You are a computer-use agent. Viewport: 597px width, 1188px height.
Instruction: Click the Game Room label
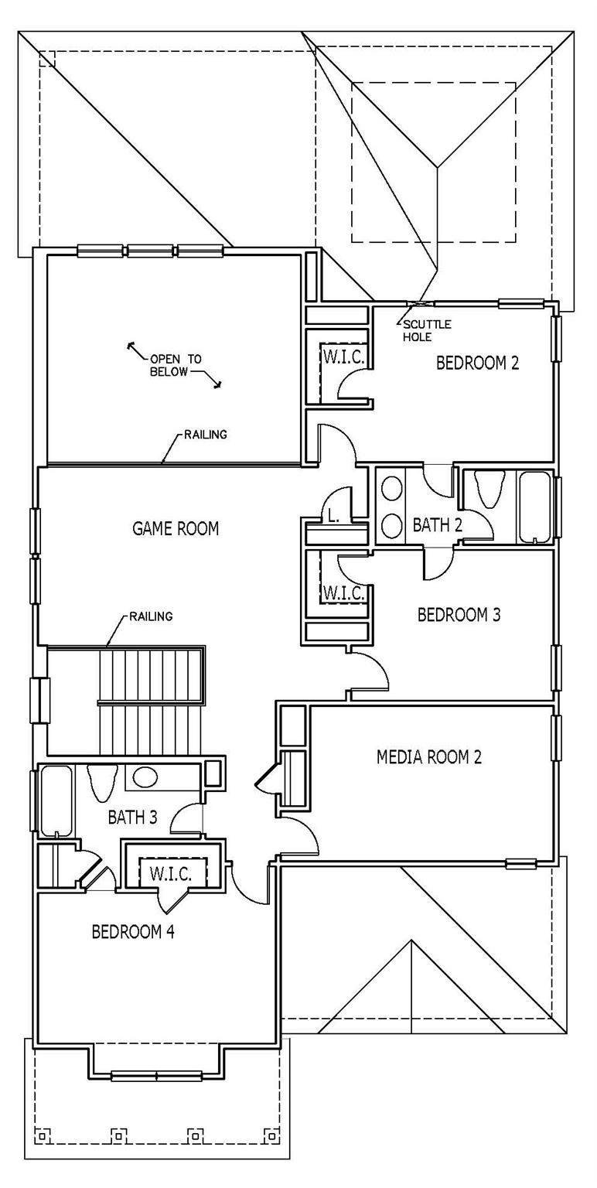[x=175, y=528]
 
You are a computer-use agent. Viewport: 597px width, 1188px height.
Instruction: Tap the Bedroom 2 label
[x=477, y=364]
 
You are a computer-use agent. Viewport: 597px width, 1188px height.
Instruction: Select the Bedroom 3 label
[x=459, y=615]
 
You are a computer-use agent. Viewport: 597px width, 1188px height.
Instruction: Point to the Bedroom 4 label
[x=133, y=931]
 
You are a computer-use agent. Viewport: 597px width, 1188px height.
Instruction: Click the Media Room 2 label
[x=429, y=757]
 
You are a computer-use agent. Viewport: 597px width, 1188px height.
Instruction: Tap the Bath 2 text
[x=438, y=525]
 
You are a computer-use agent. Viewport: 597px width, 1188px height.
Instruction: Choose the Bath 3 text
[x=132, y=818]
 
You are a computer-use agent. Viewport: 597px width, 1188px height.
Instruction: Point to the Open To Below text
[x=176, y=365]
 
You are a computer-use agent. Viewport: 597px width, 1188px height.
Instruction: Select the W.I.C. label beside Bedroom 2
[x=343, y=357]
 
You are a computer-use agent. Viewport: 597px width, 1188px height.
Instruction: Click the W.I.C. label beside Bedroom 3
[x=343, y=592]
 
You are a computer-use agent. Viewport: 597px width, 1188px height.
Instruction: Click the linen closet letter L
[x=333, y=517]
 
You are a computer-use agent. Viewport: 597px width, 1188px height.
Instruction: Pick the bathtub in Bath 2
[x=535, y=507]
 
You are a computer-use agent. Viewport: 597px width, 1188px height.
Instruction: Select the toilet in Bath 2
[x=488, y=489]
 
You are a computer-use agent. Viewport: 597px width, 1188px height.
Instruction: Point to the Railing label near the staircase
[x=151, y=616]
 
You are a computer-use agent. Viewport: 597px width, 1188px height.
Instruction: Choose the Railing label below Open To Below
[x=206, y=435]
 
